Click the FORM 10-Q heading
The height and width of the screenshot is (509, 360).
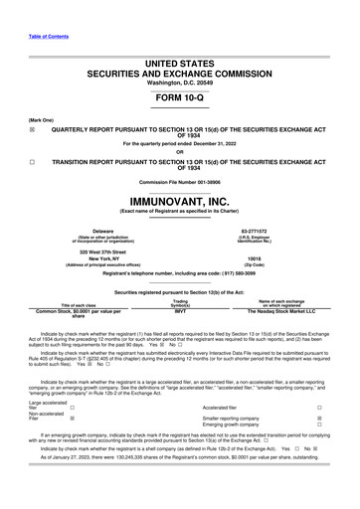(x=180, y=100)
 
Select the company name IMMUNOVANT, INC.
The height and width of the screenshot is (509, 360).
(x=180, y=200)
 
